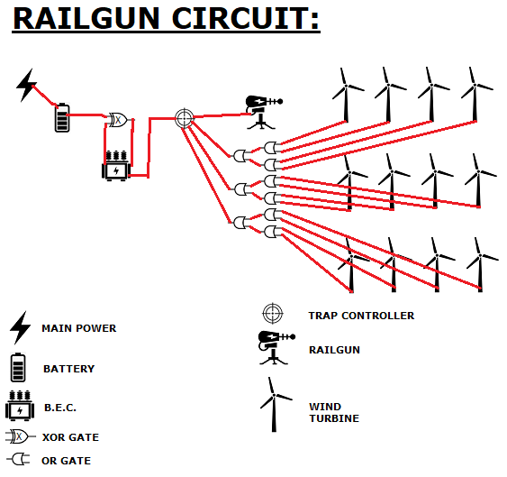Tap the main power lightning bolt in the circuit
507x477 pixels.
[25, 85]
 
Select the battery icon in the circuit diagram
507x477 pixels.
[62, 117]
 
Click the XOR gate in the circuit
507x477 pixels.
[118, 120]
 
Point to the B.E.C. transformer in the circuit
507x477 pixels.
[116, 166]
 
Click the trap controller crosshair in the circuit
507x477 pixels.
[185, 118]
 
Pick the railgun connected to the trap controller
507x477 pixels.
[263, 112]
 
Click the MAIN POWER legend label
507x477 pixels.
[79, 328]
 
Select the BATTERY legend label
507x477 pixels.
[68, 369]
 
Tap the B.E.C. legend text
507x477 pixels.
[60, 408]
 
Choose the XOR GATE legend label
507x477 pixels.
[70, 437]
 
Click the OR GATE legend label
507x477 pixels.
[67, 461]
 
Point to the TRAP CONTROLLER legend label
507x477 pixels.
[361, 316]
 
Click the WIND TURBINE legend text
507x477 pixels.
[334, 413]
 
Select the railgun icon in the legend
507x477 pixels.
[276, 348]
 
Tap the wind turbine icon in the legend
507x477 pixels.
[274, 405]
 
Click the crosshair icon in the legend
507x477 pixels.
[273, 313]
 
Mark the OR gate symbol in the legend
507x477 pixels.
[18, 459]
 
